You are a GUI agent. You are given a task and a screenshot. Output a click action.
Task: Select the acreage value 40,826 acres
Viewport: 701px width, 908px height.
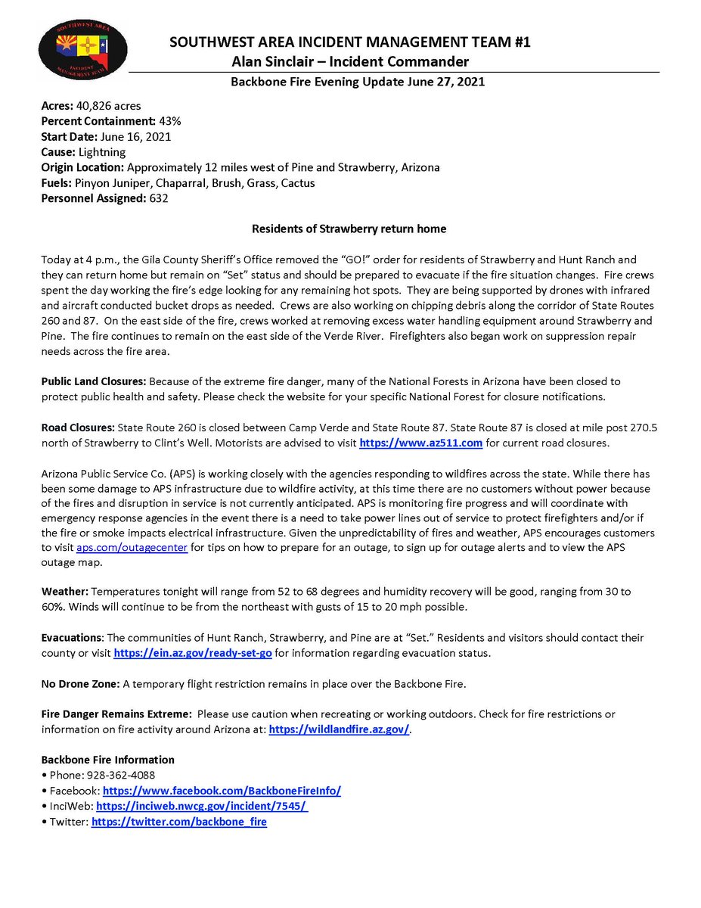click(x=108, y=106)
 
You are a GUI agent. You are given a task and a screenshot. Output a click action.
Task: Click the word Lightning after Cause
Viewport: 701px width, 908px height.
click(x=102, y=152)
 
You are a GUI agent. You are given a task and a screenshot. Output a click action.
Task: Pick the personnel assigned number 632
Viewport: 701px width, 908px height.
click(x=158, y=198)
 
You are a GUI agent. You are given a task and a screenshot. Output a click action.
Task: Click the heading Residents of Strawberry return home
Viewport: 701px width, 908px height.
click(x=349, y=229)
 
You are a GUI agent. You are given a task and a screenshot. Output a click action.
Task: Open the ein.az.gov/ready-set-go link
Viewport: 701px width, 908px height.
click(x=192, y=652)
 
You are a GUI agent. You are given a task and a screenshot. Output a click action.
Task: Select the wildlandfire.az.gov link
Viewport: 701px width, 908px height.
click(x=339, y=729)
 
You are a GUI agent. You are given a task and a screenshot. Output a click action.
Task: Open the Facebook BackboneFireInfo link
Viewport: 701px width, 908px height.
click(x=222, y=791)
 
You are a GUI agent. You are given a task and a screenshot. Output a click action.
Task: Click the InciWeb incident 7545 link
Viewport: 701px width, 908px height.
click(x=202, y=806)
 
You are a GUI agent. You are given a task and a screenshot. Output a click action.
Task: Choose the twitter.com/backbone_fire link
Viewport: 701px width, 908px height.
click(x=178, y=821)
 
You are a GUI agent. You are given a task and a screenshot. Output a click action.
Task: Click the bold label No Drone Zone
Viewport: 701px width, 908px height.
click(x=79, y=683)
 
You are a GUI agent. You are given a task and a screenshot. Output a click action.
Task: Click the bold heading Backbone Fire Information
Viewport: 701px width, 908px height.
click(x=107, y=760)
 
